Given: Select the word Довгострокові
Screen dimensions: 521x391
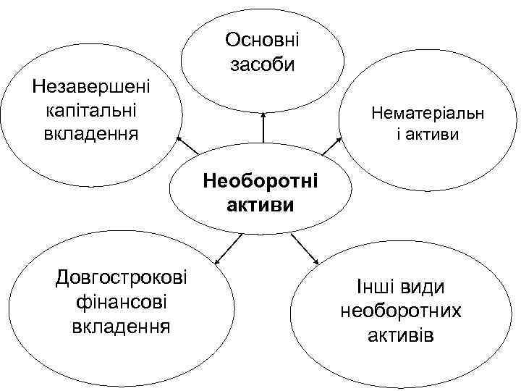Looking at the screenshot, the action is click(120, 277).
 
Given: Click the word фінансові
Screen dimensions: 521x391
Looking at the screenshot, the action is click(120, 301).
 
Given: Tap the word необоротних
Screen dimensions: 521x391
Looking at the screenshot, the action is click(400, 311).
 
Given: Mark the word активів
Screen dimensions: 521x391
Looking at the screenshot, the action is click(400, 336).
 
